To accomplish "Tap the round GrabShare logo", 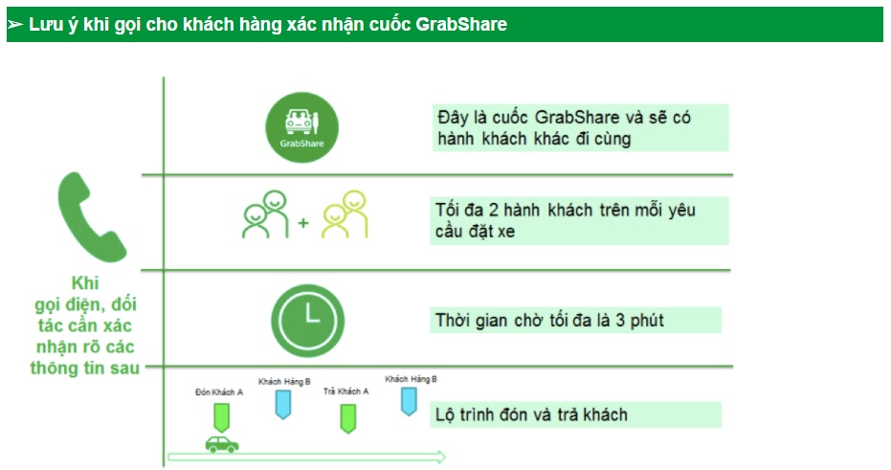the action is (x=301, y=127).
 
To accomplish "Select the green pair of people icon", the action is (x=265, y=214).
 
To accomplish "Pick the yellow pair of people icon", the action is (x=345, y=214).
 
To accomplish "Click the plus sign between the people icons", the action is (x=303, y=223).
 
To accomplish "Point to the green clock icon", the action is (x=307, y=321).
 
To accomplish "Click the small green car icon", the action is (x=222, y=444).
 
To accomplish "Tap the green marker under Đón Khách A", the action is (x=222, y=417).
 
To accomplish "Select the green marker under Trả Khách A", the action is (x=347, y=419).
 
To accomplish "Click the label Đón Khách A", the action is (x=219, y=392).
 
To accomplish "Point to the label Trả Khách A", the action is (x=346, y=391).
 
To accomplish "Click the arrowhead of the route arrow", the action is (x=440, y=457).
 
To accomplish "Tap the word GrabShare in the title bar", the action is (x=461, y=25).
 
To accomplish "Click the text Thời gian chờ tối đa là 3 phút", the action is (x=549, y=321).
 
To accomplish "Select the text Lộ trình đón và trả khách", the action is (x=531, y=414).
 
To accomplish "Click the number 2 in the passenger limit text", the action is (x=493, y=211).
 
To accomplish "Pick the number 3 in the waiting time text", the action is (x=620, y=321).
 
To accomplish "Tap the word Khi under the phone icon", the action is (x=85, y=283).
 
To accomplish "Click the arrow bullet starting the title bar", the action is (x=15, y=25).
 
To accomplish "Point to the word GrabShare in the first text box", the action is (x=577, y=118).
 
